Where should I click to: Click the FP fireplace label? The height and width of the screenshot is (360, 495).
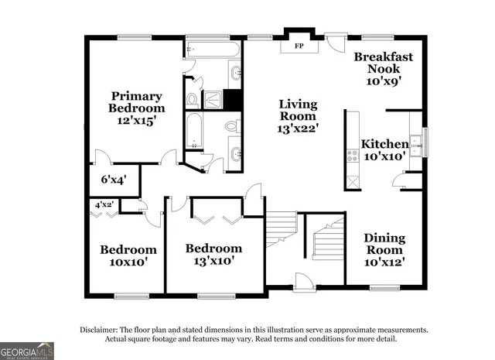point(298,46)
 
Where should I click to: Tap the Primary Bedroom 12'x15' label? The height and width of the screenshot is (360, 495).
point(135,108)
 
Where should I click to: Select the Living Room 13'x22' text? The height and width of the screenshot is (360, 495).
point(298,115)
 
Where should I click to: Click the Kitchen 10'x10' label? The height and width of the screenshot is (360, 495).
point(385,150)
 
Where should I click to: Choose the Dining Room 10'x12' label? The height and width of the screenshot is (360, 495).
point(384,250)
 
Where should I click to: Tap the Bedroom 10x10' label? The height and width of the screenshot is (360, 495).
point(128,256)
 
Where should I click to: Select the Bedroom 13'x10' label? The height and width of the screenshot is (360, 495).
point(213,255)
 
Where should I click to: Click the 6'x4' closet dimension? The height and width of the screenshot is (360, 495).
point(114,180)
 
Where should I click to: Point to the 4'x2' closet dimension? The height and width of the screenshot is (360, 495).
point(104,205)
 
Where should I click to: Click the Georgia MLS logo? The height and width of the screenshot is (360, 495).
point(27,350)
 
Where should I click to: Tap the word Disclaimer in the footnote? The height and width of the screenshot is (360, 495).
point(99,330)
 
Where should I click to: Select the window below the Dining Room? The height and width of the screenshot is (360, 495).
point(383,290)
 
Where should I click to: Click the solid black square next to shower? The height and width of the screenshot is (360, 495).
point(233,99)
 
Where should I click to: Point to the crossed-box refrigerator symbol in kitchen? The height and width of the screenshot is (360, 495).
point(353,181)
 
